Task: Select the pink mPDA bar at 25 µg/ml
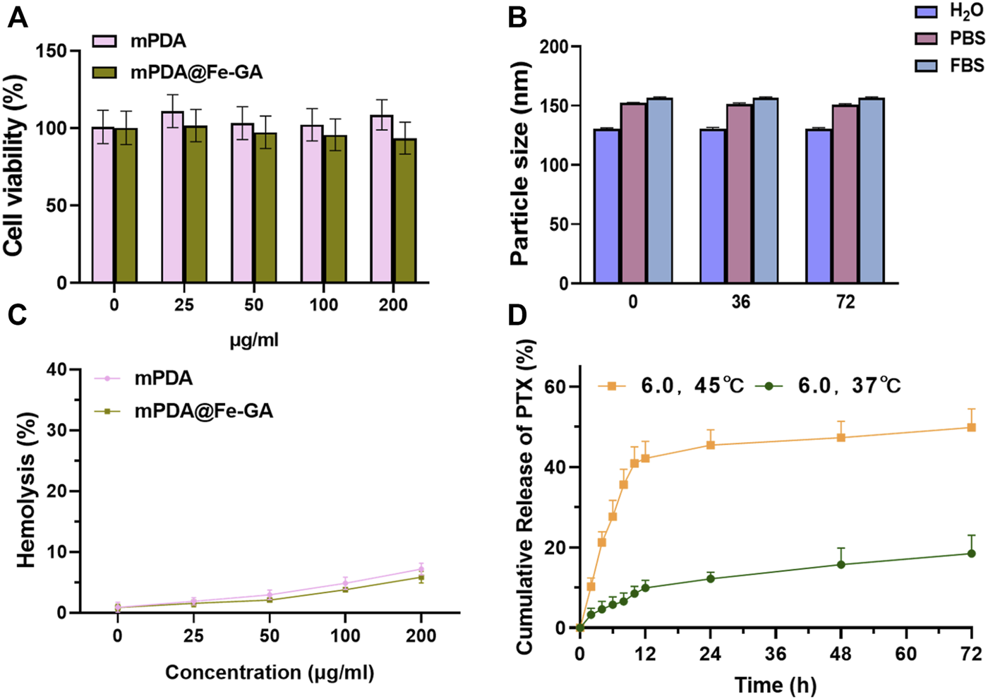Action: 172,197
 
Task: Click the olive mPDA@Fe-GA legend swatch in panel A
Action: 105,72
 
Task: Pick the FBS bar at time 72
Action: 871,191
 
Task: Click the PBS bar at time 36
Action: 740,194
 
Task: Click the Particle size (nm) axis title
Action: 520,163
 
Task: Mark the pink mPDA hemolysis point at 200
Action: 421,569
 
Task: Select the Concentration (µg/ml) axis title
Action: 270,672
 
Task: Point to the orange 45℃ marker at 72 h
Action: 971,427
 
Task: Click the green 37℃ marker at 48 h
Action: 841,564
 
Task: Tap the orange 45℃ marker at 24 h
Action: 710,445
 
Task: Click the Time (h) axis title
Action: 775,685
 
